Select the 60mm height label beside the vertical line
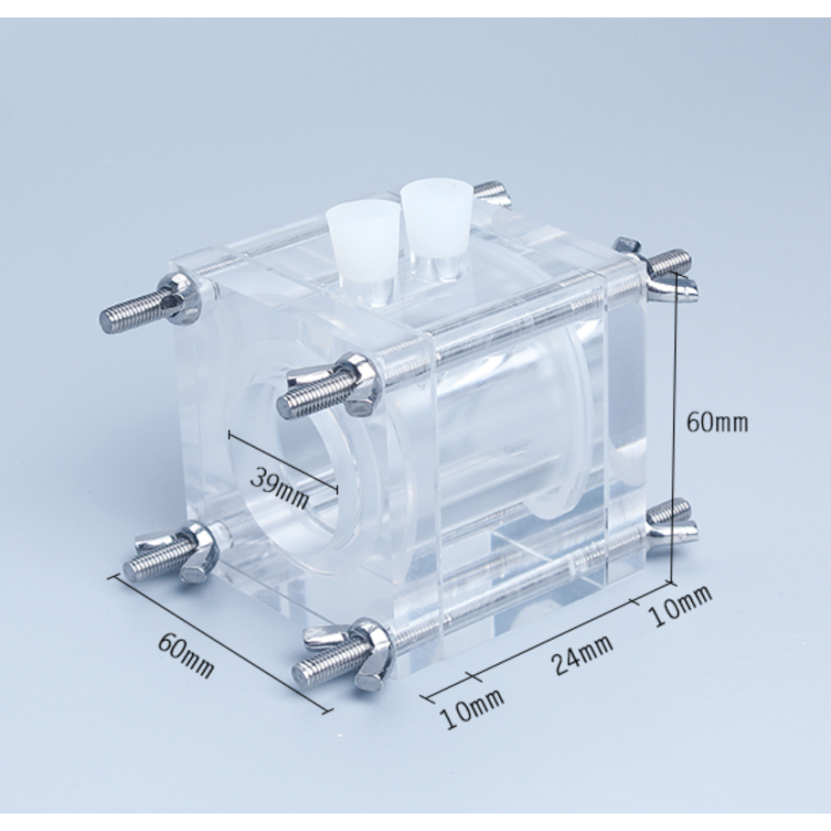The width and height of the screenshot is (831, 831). pyautogui.click(x=716, y=422)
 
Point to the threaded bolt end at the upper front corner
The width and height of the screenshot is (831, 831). pyautogui.click(x=307, y=398)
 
